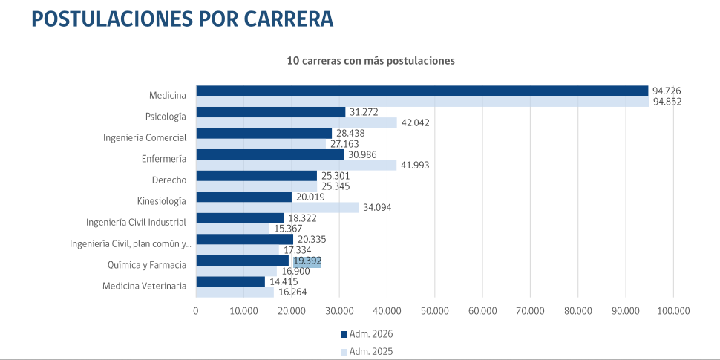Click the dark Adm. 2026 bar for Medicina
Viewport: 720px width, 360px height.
coord(422,91)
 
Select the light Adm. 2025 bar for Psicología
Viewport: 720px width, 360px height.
coord(296,122)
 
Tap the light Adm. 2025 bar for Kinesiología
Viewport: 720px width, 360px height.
coord(277,208)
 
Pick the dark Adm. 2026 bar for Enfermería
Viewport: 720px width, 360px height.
coord(269,154)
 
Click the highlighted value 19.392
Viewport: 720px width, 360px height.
coord(307,261)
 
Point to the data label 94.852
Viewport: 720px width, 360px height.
coord(667,102)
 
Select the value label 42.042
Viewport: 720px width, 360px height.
coord(416,122)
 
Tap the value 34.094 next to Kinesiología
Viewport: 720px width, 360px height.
coord(378,208)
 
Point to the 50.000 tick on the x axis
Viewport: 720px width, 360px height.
coord(434,311)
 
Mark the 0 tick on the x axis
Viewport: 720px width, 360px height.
coord(196,311)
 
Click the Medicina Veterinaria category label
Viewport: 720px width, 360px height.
coord(144,286)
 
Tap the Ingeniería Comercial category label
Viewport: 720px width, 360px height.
coord(144,137)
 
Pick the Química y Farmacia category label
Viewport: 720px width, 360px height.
coord(147,264)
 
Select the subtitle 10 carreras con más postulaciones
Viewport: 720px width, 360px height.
coord(370,60)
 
